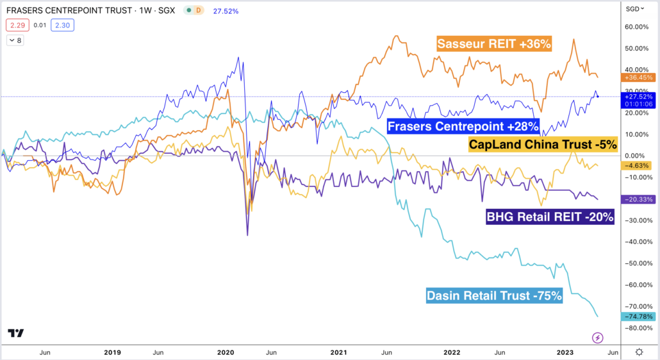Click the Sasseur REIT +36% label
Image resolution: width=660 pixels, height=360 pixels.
point(494,44)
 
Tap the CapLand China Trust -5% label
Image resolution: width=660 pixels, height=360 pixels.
point(543,144)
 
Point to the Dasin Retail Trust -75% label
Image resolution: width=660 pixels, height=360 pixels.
point(494,295)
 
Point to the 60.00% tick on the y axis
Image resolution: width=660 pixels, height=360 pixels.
point(638,27)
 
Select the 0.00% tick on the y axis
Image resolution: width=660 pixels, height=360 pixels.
point(636,156)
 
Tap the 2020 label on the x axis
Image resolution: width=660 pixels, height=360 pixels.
point(226,352)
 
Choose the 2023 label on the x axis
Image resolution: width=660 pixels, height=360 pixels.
point(565,352)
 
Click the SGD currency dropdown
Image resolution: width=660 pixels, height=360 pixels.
point(636,9)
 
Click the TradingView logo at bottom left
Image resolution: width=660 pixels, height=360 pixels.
point(15,333)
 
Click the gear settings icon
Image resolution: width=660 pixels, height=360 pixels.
point(639,352)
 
